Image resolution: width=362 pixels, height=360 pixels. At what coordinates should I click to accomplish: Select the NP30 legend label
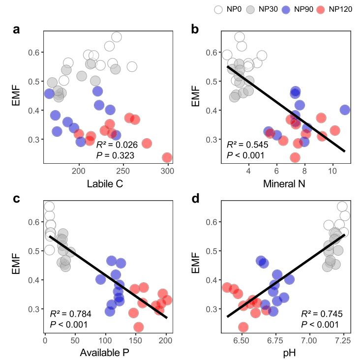pos(270,10)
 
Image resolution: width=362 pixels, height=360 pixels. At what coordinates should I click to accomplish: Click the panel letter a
pos(16,30)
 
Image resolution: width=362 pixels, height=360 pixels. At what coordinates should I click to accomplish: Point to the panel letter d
pos(195,200)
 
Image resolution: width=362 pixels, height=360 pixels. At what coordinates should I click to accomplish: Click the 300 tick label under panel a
pos(168,171)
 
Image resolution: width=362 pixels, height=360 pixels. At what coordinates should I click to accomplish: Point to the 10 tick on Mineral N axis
pos(333,171)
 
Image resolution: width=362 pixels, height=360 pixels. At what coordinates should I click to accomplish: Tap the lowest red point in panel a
pos(167,158)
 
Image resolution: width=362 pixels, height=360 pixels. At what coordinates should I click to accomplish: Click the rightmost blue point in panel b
pos(345,110)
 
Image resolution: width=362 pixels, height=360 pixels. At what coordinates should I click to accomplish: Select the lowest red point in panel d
pos(243,327)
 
